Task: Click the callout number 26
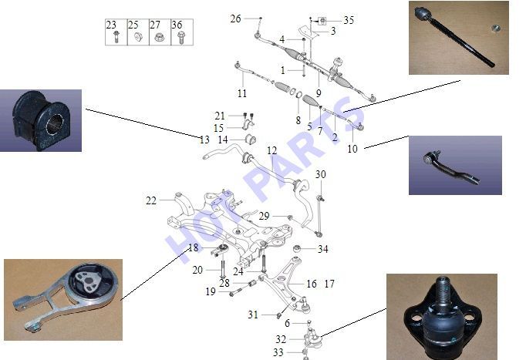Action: coord(235,19)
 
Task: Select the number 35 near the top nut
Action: coord(349,20)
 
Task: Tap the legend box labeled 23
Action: coord(116,32)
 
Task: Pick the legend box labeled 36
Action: coord(182,32)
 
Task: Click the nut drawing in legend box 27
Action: coord(159,37)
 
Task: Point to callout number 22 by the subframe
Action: coord(151,200)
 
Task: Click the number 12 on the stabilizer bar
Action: coord(272,150)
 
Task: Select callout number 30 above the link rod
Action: coord(320,174)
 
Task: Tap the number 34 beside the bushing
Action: coord(322,249)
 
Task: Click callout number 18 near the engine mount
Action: coord(194,247)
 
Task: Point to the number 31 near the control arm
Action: coord(253,315)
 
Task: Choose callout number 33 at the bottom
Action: coord(278,352)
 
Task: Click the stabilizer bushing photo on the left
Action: coord(41,120)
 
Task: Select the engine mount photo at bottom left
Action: coord(63,300)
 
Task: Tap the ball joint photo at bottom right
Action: coord(442,317)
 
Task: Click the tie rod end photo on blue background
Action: coord(455,165)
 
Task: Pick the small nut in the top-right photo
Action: coord(496,29)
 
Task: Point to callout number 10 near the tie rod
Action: coord(352,149)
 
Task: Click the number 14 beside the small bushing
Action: coord(223,140)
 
